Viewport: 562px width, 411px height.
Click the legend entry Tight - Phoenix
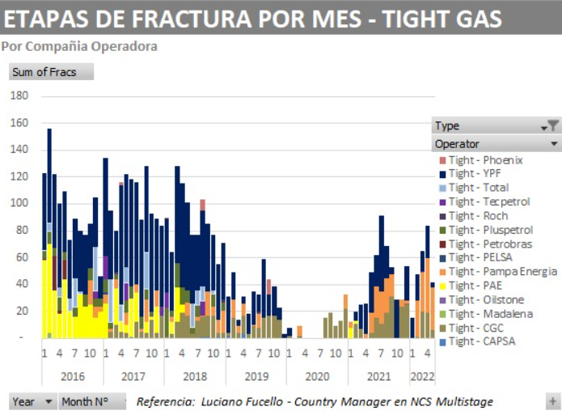(x=485, y=160)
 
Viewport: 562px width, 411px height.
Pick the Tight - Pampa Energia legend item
(x=502, y=272)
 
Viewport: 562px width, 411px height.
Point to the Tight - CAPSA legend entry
(x=481, y=341)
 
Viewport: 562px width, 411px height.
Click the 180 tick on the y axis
(x=19, y=95)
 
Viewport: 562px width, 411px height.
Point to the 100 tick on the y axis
(x=19, y=203)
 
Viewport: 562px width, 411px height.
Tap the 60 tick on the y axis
(x=22, y=257)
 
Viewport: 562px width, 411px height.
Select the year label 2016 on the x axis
(x=72, y=376)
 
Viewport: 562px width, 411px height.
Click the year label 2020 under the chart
(x=318, y=376)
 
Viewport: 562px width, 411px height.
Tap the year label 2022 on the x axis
(x=422, y=376)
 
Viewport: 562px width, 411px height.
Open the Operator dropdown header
(x=554, y=144)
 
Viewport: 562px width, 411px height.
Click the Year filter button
(x=33, y=401)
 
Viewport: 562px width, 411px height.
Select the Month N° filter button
(x=92, y=401)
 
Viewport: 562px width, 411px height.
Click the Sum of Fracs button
(x=51, y=72)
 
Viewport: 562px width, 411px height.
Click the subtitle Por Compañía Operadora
(x=79, y=46)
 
